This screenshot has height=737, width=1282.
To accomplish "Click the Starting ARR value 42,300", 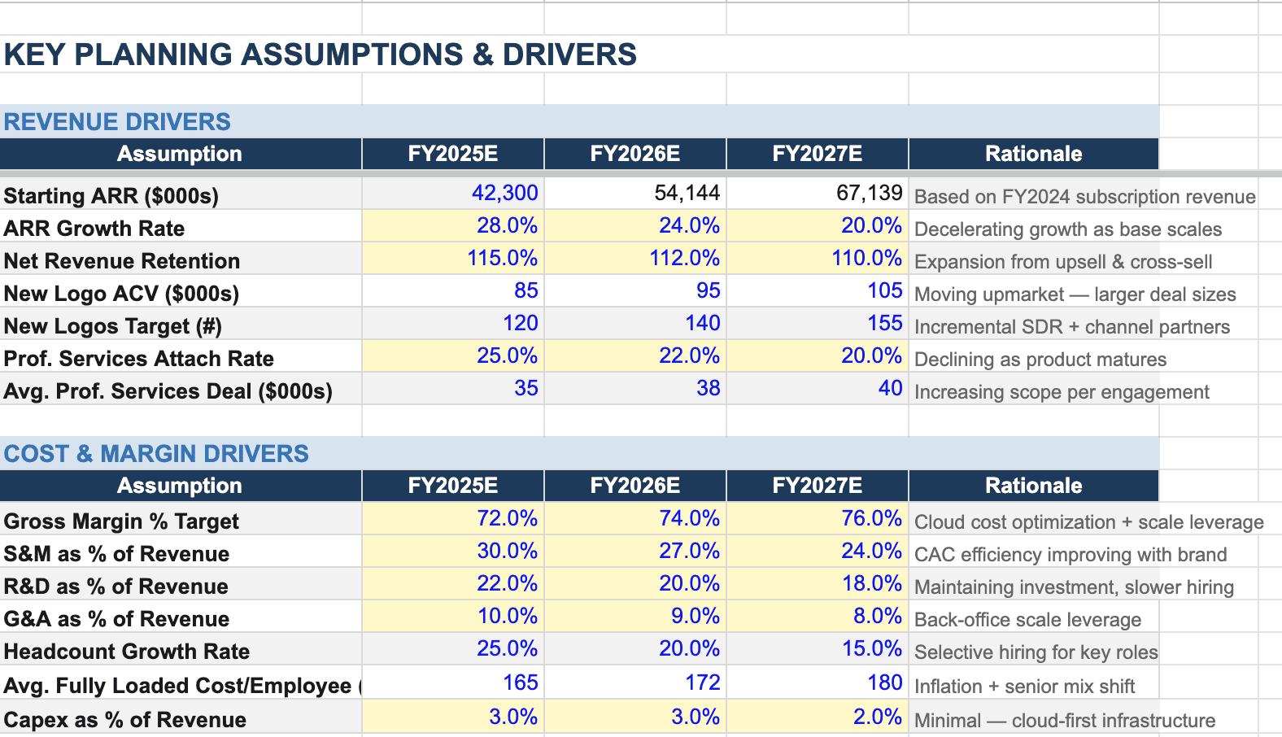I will pos(504,193).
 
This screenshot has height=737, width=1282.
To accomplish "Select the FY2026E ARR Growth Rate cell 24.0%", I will pos(688,225).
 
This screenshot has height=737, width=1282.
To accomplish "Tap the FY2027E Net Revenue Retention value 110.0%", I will pos(866,258).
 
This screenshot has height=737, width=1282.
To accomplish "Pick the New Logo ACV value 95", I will pos(708,290).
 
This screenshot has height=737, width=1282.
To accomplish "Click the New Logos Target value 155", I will pos(884,323).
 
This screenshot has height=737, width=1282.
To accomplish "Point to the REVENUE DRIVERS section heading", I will pos(117,122).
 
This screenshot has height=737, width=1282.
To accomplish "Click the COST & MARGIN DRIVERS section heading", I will pos(156,454).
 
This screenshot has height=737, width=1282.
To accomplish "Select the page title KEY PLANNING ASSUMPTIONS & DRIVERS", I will pos(320,55).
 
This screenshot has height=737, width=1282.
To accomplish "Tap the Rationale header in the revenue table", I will pos(1033,154).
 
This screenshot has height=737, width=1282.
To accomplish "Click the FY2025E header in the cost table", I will pos(452,486).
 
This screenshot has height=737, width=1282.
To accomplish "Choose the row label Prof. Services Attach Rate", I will pos(138,359).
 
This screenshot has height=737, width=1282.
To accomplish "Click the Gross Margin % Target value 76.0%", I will pos(870,518).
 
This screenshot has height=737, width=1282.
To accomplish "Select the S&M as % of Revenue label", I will pos(116,554).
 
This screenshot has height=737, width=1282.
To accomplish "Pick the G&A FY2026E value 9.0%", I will pos(695,616).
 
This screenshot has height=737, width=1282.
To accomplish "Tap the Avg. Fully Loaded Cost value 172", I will pos(702,682).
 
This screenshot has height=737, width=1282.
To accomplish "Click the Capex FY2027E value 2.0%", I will pos(877,717).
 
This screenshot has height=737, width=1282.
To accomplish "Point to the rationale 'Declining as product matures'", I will pos(1040,360).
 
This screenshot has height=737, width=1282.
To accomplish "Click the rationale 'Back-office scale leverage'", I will pos(1027,620).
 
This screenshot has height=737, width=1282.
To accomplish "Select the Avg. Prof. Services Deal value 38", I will pos(708,388).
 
